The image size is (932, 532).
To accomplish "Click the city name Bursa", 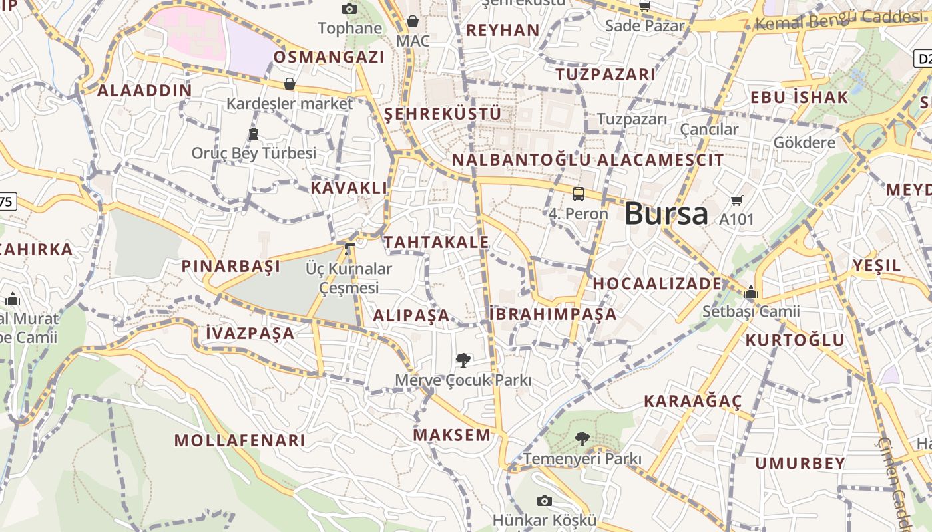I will click(x=666, y=213).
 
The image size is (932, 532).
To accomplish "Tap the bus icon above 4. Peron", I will click(x=579, y=194).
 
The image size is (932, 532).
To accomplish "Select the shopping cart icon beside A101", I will click(x=737, y=200).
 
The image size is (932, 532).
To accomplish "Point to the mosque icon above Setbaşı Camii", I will click(x=751, y=292).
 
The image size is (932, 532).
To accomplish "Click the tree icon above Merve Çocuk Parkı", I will click(x=463, y=360).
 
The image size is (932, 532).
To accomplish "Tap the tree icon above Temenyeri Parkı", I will click(x=582, y=438).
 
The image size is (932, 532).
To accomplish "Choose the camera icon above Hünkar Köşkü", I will click(x=545, y=501).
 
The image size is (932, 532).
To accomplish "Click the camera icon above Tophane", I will click(x=349, y=9).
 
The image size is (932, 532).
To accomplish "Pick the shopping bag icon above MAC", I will click(x=413, y=21).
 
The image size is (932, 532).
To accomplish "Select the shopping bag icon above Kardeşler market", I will click(x=290, y=84).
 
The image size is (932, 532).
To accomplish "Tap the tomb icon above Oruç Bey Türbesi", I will click(x=254, y=134).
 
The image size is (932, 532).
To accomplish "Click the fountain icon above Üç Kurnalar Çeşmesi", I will click(x=349, y=249).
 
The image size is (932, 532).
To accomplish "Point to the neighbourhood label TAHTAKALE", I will click(x=437, y=242).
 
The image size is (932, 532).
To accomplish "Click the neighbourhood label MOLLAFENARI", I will click(x=240, y=440).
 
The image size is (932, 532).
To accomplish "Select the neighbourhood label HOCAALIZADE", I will click(x=657, y=283).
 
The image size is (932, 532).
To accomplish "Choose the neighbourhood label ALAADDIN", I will click(x=144, y=90).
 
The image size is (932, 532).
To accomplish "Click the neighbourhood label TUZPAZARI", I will click(x=606, y=74).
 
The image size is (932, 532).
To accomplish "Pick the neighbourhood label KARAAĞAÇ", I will click(x=692, y=401).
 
